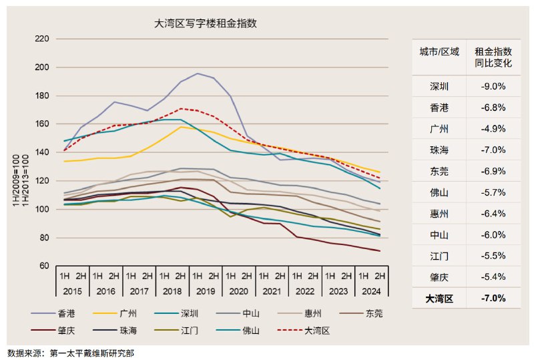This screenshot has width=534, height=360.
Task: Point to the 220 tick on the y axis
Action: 41,39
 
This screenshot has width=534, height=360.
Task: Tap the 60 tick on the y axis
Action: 44,266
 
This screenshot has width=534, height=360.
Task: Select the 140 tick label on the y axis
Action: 41,152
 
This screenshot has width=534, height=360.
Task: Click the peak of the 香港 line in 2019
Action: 198,73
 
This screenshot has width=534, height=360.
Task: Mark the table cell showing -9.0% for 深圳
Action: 493,86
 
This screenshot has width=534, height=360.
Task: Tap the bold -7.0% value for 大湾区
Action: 493,299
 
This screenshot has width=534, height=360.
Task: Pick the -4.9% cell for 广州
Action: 493,129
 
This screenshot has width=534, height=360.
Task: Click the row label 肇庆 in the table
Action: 439,277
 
